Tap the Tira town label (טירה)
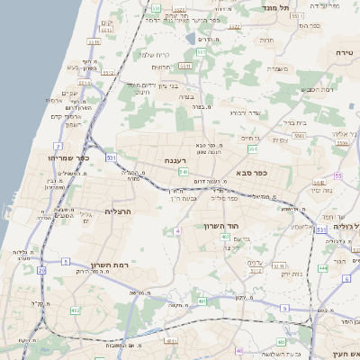[343, 54]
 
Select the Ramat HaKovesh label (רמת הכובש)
[318, 89]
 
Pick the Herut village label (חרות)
[266, 40]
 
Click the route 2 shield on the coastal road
[58, 145]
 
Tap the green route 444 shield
[323, 267]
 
